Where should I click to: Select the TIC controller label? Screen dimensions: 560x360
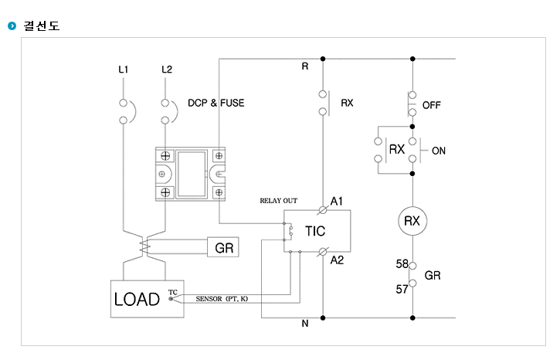click(315, 231)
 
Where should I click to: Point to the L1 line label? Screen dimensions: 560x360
click(124, 70)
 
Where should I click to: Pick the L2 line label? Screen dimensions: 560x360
click(167, 70)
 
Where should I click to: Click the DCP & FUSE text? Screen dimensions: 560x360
click(216, 103)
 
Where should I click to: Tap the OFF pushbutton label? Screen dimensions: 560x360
click(432, 105)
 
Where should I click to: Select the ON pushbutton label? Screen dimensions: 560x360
click(439, 151)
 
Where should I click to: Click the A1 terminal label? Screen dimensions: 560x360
click(337, 201)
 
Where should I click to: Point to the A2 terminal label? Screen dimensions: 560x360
click(337, 260)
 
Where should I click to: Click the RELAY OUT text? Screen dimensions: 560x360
click(279, 201)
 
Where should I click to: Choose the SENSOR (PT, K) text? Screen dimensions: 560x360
click(222, 298)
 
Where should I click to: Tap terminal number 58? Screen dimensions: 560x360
click(402, 264)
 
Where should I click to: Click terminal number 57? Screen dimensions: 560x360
click(402, 289)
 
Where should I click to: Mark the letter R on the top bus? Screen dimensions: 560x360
click(305, 66)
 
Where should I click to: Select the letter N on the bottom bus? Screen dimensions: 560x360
click(305, 323)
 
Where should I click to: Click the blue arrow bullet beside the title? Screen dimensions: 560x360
click(12, 25)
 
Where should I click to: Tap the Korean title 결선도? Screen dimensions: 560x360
click(42, 25)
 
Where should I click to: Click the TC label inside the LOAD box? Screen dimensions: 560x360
click(173, 292)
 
